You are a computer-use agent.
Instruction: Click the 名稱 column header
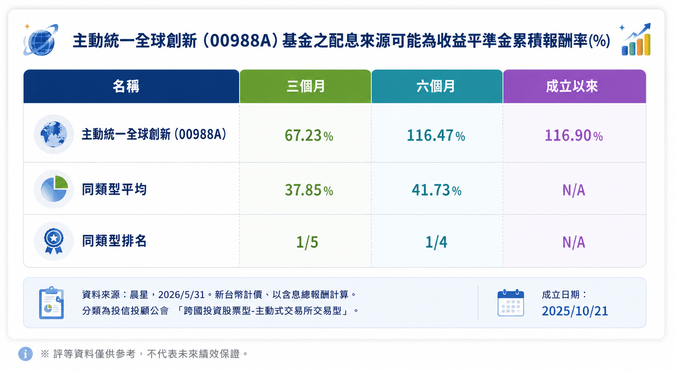click(x=126, y=87)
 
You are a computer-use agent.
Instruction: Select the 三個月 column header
click(x=305, y=87)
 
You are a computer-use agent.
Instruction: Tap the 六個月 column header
click(x=436, y=87)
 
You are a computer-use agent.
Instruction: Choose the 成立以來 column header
click(x=572, y=87)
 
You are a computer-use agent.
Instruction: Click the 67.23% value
click(x=309, y=135)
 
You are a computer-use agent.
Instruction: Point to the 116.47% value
click(x=436, y=135)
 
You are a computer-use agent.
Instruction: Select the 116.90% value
click(x=573, y=135)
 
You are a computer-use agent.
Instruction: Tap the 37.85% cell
click(x=309, y=190)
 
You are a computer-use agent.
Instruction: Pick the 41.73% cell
click(x=436, y=190)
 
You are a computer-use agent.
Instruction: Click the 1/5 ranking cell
click(x=307, y=242)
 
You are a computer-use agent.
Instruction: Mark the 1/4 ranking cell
click(x=436, y=242)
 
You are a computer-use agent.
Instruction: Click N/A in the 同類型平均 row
click(x=574, y=190)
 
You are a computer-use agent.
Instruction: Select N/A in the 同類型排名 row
click(x=574, y=242)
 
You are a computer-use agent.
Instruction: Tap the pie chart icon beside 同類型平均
click(x=54, y=189)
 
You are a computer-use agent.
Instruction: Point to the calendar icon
click(x=510, y=303)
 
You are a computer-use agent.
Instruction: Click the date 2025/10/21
click(x=575, y=311)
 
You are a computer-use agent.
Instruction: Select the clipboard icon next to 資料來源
click(x=51, y=303)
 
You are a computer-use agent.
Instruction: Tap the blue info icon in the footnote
click(x=26, y=353)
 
